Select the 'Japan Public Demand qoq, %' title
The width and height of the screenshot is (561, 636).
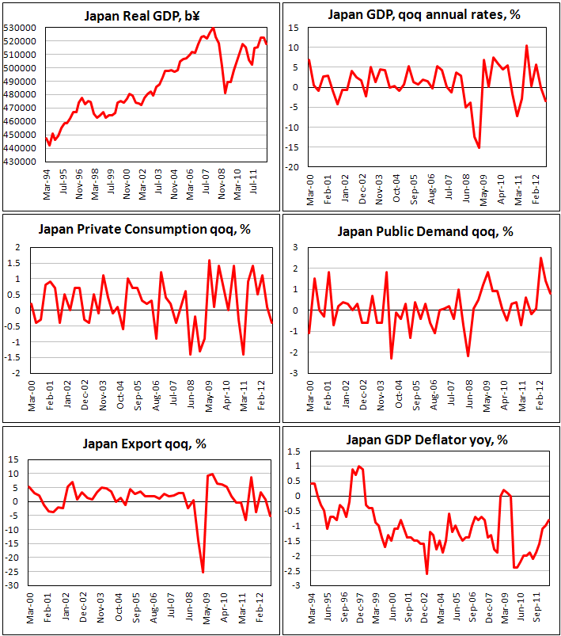[425, 231]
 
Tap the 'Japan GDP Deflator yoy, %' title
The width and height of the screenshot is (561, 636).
[424, 440]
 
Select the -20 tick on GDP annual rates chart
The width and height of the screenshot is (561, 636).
[293, 168]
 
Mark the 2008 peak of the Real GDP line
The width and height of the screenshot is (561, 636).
[212, 29]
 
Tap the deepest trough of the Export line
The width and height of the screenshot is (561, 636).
[203, 572]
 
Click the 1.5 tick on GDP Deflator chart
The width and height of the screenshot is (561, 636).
[294, 451]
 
